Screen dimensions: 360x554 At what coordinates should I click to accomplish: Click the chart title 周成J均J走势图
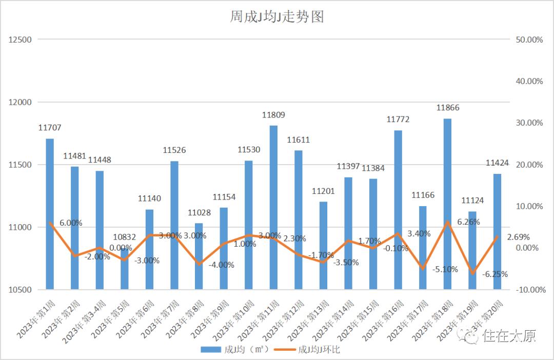[276, 17]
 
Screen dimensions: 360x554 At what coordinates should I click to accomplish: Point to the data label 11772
[398, 119]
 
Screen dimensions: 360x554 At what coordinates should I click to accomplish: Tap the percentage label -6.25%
[495, 274]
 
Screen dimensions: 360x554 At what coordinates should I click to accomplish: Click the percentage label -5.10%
[445, 269]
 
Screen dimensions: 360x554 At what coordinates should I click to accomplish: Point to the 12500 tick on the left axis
[21, 40]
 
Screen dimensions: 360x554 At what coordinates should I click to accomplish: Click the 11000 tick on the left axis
[21, 227]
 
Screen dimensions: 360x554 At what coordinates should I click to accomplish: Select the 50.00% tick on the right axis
[528, 40]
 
